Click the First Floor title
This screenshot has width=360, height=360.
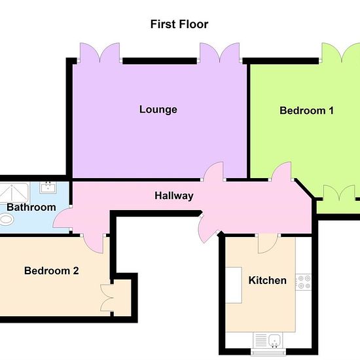click(179, 24)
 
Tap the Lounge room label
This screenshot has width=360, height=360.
click(158, 110)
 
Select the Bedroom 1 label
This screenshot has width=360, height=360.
click(306, 111)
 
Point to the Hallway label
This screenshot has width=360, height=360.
click(174, 196)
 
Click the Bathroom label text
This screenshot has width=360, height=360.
click(31, 207)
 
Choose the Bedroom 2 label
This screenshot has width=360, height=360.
click(52, 271)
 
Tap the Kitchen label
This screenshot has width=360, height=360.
click(268, 280)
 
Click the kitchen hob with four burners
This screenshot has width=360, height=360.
click(303, 282)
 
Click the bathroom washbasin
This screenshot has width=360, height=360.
click(48, 187)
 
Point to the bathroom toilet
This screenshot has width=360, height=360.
click(7, 219)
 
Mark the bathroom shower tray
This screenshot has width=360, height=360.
click(14, 193)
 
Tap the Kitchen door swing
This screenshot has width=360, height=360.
click(268, 243)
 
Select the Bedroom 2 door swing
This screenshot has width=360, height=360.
click(93, 244)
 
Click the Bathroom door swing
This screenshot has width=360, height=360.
click(62, 218)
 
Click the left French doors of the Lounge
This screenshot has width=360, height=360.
click(99, 52)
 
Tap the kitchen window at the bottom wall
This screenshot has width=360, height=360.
click(268, 351)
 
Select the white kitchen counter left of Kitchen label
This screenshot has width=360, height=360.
click(234, 285)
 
